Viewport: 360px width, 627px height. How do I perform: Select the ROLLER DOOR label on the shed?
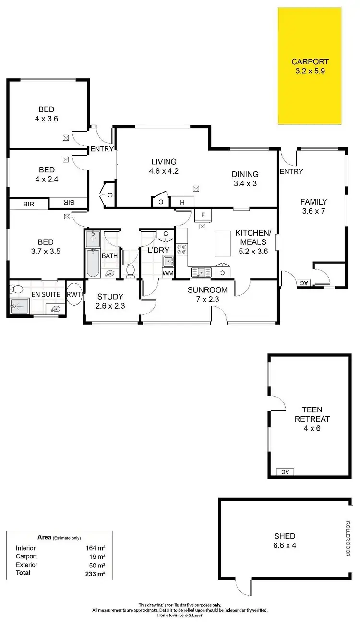(x=348, y=539)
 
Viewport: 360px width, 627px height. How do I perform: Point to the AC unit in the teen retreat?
(x=285, y=471)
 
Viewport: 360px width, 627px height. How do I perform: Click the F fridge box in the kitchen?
(x=203, y=215)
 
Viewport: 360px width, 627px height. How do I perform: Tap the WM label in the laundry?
(x=168, y=273)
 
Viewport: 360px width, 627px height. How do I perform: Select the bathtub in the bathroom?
(x=93, y=263)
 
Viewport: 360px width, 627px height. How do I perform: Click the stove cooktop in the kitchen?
(x=182, y=250)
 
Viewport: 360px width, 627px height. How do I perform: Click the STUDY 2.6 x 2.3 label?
(x=110, y=301)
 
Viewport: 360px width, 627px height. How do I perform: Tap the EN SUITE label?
(x=45, y=294)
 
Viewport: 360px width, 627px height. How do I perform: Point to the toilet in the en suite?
(x=17, y=289)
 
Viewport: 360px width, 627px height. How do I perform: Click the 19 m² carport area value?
(x=98, y=556)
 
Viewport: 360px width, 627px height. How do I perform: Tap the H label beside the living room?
(x=182, y=203)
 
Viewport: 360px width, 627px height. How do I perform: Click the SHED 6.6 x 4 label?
(x=285, y=541)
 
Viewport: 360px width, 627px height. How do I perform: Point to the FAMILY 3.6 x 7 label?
(x=313, y=206)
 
